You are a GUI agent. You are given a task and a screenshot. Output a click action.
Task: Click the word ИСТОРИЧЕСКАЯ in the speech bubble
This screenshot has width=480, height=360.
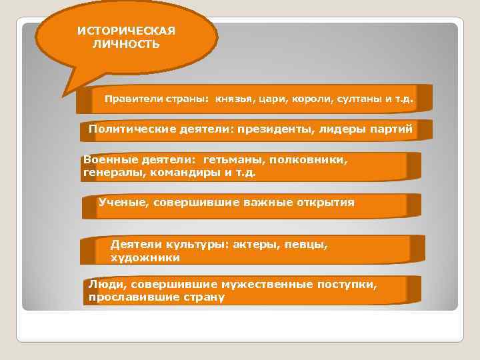click(x=126, y=31)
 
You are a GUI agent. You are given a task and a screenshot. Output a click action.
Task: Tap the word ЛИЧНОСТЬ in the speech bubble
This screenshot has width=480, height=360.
click(x=126, y=45)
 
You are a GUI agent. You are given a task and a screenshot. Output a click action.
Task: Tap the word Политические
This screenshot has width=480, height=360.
click(x=130, y=129)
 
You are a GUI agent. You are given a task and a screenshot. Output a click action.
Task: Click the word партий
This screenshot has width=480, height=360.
click(x=393, y=129)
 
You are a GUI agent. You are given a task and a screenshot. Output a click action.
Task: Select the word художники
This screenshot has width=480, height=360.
click(x=145, y=257)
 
